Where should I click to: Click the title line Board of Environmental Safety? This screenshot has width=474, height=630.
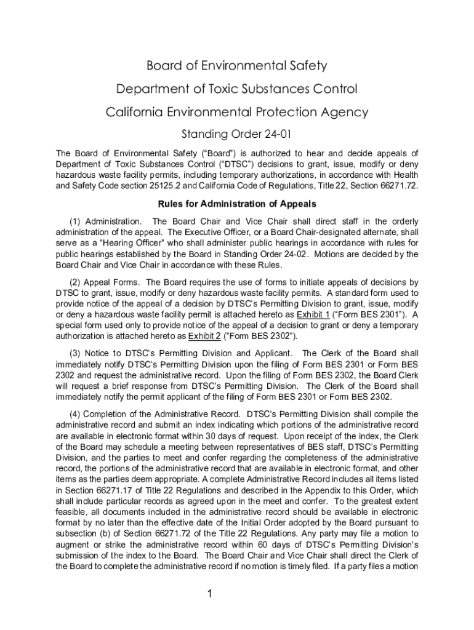[236, 66]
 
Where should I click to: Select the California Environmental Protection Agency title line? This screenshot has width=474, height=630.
[236, 113]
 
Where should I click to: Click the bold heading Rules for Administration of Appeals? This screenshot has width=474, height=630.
[237, 204]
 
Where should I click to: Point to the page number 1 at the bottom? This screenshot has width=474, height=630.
[210, 594]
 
